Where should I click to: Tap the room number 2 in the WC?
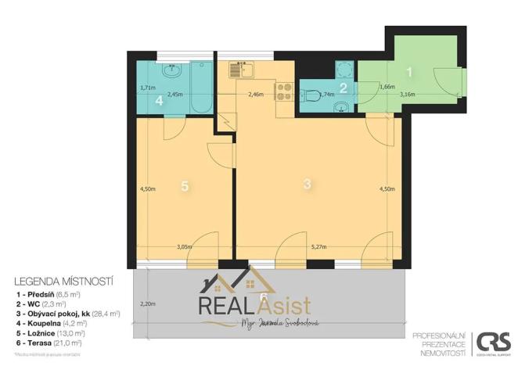point(343,88)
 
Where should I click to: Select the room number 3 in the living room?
point(308,184)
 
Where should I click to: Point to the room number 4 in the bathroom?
point(159,100)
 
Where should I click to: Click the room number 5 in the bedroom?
point(185,186)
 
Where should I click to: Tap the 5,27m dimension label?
point(318,246)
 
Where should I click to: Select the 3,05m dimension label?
point(185,246)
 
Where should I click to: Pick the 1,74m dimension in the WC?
point(327,95)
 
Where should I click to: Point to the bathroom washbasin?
point(171,74)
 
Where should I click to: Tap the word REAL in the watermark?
point(223,305)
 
